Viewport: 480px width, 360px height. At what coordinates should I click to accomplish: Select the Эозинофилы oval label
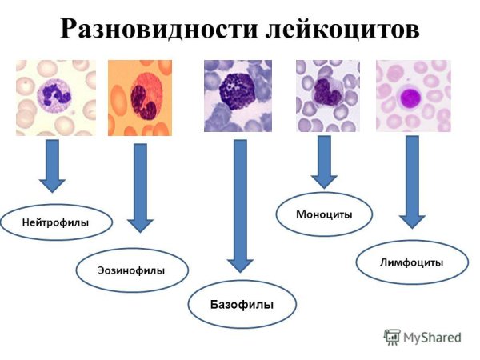click(132, 270)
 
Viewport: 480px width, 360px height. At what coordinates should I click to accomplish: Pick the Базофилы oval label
click(242, 304)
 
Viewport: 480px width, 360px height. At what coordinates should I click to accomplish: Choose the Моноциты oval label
click(323, 214)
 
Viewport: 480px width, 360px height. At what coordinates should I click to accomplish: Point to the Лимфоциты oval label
click(411, 262)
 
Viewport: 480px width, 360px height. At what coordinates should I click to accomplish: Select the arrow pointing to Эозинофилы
click(140, 188)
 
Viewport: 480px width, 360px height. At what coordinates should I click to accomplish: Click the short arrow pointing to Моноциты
click(324, 162)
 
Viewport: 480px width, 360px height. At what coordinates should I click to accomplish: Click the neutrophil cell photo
click(55, 98)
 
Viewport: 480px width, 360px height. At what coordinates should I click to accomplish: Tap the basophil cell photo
click(238, 96)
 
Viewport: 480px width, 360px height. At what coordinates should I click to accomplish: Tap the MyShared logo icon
click(391, 337)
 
